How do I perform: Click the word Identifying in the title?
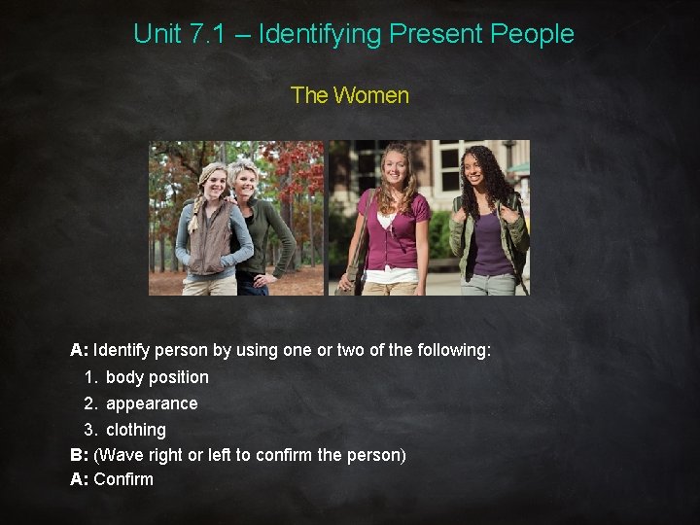pyautogui.click(x=320, y=34)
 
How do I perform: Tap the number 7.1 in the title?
pyautogui.click(x=207, y=34)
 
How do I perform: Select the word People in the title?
pyautogui.click(x=532, y=34)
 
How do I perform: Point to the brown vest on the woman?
pyautogui.click(x=213, y=238)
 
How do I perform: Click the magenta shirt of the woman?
pyautogui.click(x=395, y=228)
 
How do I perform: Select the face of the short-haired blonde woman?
pyautogui.click(x=244, y=181)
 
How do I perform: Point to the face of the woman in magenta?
pyautogui.click(x=398, y=167)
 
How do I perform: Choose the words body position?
pyautogui.click(x=157, y=377)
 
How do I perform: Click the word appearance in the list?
pyautogui.click(x=152, y=403)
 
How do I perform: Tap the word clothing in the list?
pyautogui.click(x=136, y=430)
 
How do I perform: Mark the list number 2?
pyautogui.click(x=89, y=403)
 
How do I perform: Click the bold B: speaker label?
pyautogui.click(x=79, y=455)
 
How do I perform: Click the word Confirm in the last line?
pyautogui.click(x=123, y=479)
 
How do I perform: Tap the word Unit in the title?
pyautogui.click(x=157, y=34)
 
